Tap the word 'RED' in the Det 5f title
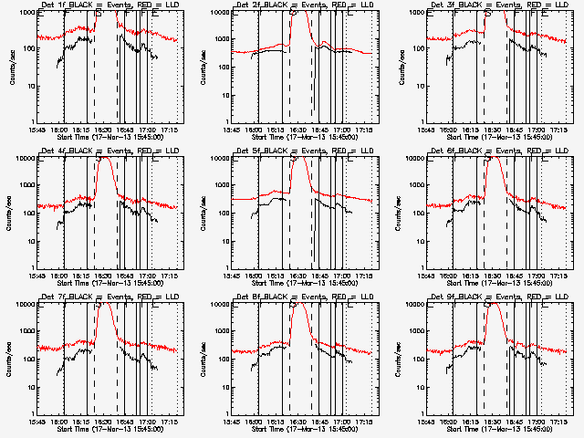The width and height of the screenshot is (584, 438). (x=313, y=151)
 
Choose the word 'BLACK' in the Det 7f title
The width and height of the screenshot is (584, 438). (x=78, y=297)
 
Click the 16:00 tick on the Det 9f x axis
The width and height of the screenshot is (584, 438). (x=452, y=422)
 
